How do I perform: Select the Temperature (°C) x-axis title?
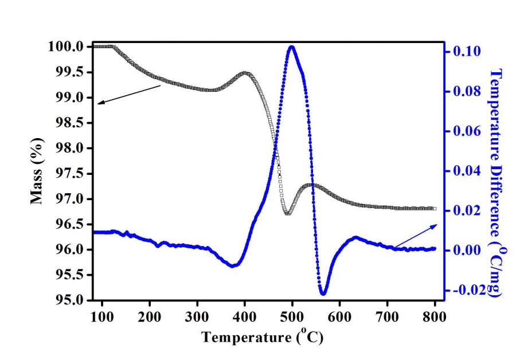click(263, 337)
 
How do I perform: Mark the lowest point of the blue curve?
click(323, 294)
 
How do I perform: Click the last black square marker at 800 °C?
click(435, 209)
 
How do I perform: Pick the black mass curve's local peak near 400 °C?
click(245, 73)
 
